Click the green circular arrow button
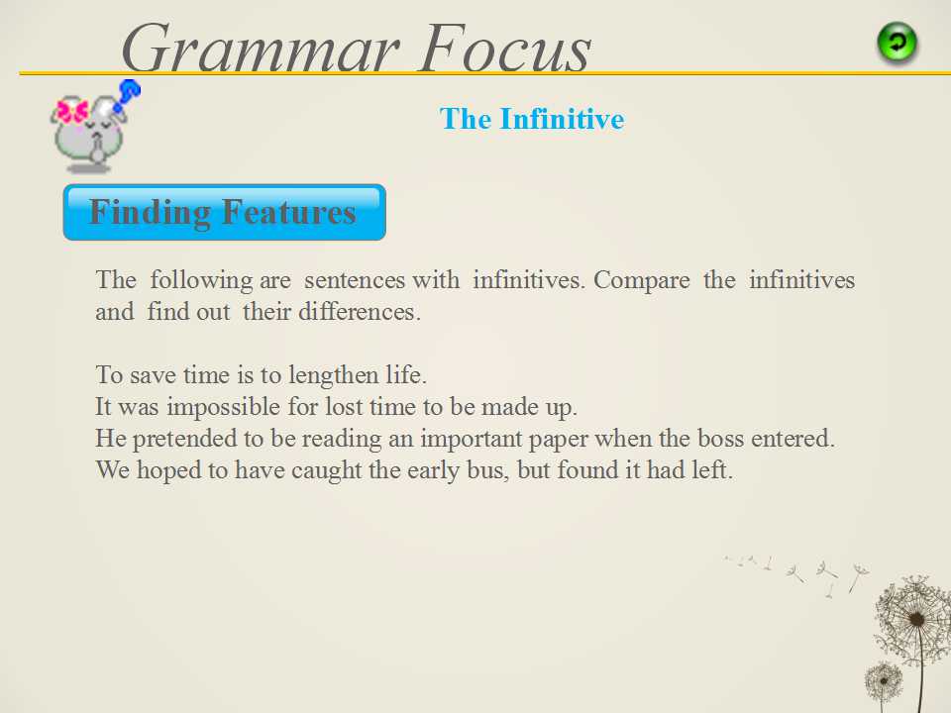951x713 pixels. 898,43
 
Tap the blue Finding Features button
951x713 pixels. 225,212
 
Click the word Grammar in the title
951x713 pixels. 261,50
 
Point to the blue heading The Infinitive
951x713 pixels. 532,118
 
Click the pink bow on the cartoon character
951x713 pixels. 72,112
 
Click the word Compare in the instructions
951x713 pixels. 642,280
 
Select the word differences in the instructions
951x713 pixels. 359,312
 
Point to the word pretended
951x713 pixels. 184,439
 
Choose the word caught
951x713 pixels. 326,470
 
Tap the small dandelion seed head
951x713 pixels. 883,681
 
